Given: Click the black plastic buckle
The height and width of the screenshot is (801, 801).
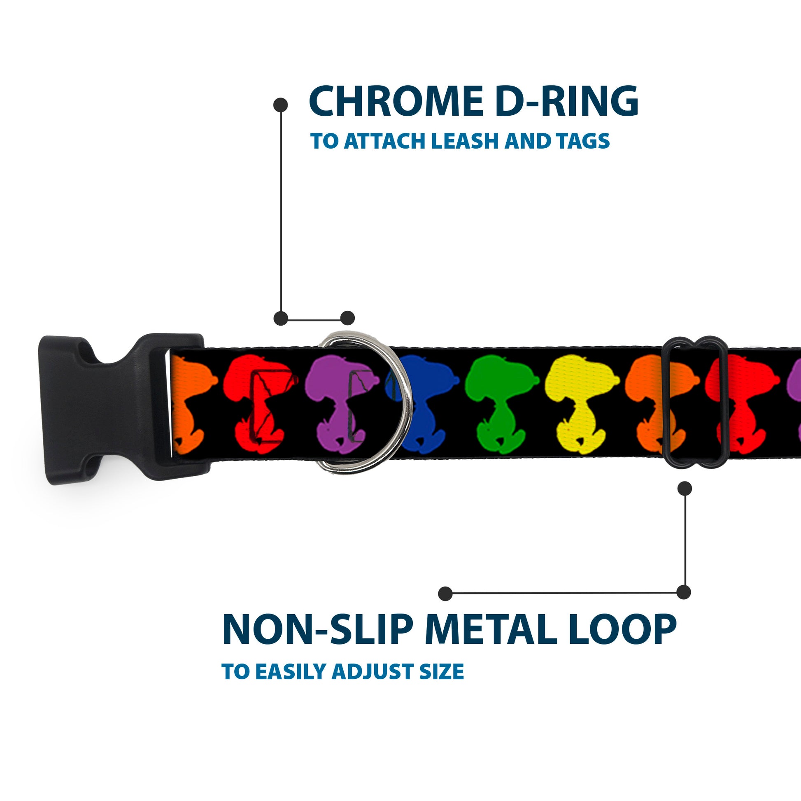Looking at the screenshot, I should coord(104,408).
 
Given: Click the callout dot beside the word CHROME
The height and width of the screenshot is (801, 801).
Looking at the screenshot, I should coord(281,105).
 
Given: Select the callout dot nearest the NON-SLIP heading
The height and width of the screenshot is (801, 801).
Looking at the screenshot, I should coord(445,593).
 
